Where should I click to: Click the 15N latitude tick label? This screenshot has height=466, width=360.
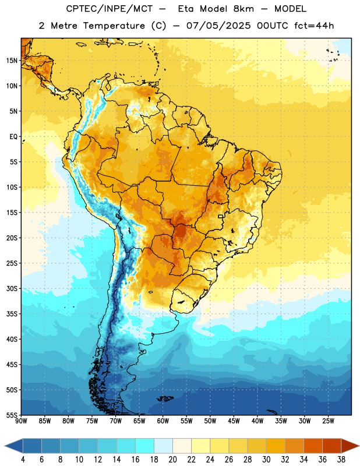click(x=12, y=61)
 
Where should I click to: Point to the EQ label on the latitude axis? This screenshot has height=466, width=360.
click(x=13, y=137)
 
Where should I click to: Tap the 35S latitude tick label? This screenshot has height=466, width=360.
click(x=12, y=314)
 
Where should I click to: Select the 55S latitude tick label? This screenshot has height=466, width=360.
click(x=12, y=415)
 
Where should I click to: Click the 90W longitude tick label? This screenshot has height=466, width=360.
click(x=21, y=421)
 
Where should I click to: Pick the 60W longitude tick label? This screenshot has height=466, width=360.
click(x=163, y=421)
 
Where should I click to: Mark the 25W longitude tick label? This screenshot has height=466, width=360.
click(x=328, y=421)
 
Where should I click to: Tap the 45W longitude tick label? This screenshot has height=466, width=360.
click(x=234, y=421)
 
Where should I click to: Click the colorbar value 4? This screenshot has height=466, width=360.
click(x=23, y=460)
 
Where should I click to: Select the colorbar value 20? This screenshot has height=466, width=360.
click(x=172, y=460)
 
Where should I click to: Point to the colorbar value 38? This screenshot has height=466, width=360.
click(x=341, y=460)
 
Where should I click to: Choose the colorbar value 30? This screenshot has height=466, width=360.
click(x=266, y=460)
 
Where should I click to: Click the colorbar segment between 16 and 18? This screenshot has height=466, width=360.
click(x=145, y=446)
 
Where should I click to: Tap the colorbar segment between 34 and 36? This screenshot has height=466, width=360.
click(x=313, y=446)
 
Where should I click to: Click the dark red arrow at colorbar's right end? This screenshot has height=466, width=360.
click(x=350, y=446)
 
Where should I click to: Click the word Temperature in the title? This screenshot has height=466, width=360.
click(x=114, y=26)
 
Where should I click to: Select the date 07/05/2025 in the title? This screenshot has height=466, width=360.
click(x=218, y=26)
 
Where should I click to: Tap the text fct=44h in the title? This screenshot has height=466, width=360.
click(x=314, y=26)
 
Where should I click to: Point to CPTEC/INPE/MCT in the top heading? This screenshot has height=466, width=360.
click(x=109, y=9)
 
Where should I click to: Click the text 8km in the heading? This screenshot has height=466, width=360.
click(x=243, y=9)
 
